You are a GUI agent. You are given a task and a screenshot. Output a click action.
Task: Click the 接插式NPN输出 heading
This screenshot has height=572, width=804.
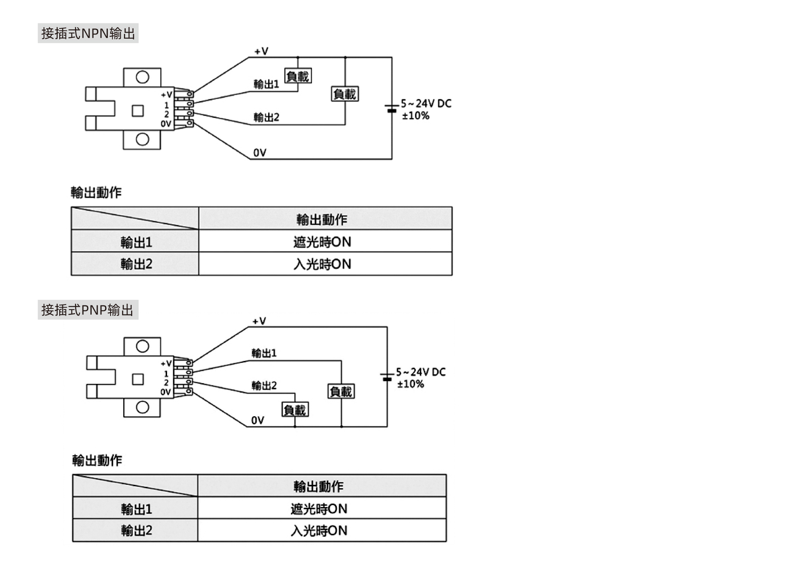[88, 33]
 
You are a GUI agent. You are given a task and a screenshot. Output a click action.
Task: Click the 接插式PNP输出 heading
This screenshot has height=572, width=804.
[88, 310]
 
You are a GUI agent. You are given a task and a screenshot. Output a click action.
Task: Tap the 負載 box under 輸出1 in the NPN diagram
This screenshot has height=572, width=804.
[298, 76]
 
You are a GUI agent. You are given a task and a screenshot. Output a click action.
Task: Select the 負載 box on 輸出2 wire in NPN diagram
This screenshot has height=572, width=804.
[345, 94]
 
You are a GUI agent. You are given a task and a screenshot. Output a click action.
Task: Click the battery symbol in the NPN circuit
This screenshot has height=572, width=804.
[391, 108]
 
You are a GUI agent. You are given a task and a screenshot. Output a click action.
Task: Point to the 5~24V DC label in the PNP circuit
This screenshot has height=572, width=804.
[421, 372]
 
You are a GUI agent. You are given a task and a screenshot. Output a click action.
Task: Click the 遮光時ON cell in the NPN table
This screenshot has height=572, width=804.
[322, 242]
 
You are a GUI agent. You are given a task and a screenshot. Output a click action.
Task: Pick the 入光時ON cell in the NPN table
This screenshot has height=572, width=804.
[322, 264]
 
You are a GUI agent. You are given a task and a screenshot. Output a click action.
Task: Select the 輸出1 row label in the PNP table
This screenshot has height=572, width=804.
[136, 509]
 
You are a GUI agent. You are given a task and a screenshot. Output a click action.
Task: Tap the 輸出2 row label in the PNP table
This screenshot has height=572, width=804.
[136, 530]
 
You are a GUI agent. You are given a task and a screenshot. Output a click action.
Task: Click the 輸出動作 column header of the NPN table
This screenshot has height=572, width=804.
[322, 219]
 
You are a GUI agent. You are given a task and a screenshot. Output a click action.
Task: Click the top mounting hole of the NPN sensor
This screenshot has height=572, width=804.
[143, 77]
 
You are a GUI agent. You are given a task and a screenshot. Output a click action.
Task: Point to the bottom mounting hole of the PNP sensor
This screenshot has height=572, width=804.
[143, 407]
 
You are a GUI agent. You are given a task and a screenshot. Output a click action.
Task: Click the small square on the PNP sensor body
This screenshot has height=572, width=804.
[138, 379]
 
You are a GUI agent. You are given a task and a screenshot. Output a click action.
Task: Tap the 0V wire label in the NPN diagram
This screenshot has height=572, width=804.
[260, 153]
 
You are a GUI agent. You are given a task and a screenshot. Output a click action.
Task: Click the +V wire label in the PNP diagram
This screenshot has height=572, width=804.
[259, 321]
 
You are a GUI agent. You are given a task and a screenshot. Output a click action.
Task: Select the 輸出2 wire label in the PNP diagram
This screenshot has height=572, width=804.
[264, 385]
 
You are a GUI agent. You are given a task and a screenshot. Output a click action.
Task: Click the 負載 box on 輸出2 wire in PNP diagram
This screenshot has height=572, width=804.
[295, 410]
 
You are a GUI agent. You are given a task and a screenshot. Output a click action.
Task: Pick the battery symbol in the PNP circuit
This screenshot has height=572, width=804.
[387, 377]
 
